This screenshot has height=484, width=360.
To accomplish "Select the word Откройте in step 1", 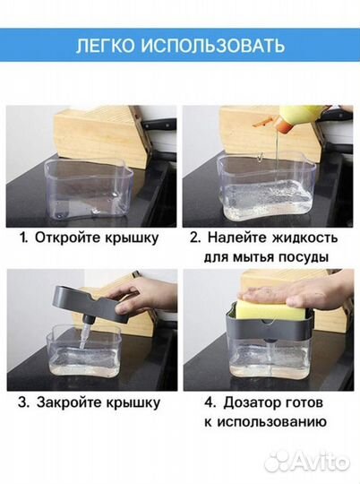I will [x=68, y=238].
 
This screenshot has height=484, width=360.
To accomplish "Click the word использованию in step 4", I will [x=271, y=421].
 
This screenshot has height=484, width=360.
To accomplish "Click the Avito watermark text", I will [x=317, y=462].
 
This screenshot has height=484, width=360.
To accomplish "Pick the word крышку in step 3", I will [x=131, y=402].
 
